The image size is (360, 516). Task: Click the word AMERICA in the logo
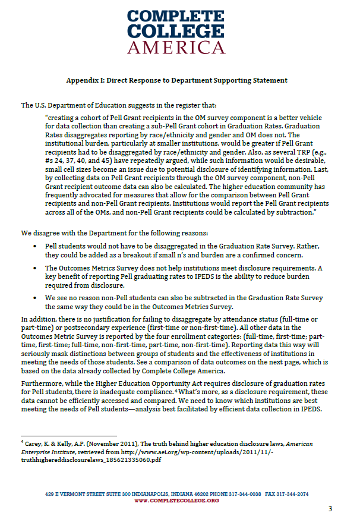coord(179,48)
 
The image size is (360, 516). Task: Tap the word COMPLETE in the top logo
coord(179,16)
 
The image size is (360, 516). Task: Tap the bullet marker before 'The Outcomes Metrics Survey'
coord(37,268)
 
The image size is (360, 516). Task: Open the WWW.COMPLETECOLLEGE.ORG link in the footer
coord(177,501)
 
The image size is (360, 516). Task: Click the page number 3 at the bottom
coord(331,508)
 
